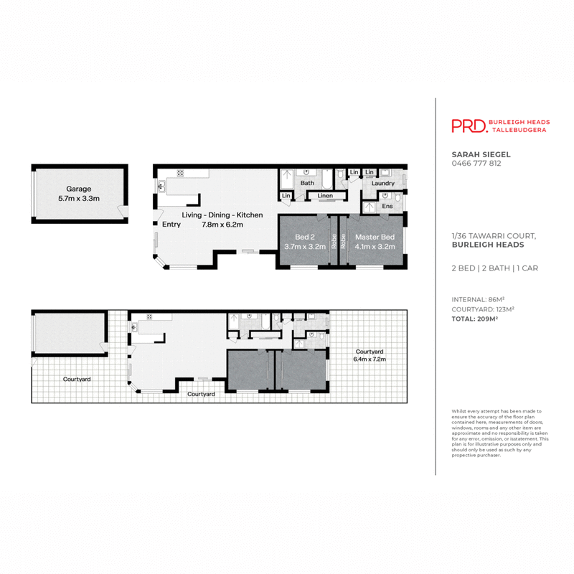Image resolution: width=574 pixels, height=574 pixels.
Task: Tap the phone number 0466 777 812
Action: point(476,164)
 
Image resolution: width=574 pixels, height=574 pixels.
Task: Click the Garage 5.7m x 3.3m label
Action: point(79,194)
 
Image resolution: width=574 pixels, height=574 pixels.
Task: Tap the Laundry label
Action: point(382,184)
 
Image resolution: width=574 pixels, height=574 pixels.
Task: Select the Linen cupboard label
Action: point(325,195)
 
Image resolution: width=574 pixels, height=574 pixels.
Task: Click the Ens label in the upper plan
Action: point(387,207)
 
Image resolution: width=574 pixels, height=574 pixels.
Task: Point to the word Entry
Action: point(171,225)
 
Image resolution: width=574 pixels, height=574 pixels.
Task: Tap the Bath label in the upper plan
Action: point(307,184)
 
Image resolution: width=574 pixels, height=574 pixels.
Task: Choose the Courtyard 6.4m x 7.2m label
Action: point(370,355)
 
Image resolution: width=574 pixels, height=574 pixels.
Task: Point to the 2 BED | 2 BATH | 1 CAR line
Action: point(494,268)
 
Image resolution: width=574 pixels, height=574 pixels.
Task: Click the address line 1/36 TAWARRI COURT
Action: point(494,235)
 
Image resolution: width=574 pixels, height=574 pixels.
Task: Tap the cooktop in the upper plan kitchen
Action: point(180,173)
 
